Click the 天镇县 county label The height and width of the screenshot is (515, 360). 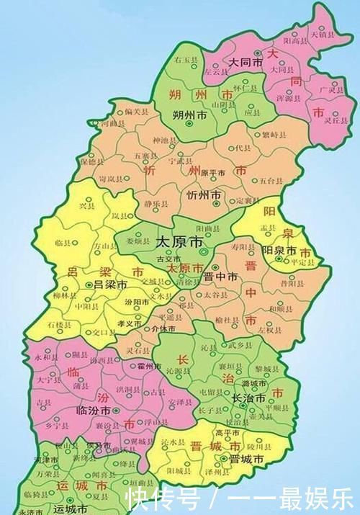pos(322,34)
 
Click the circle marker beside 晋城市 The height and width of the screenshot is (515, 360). pos(234,458)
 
